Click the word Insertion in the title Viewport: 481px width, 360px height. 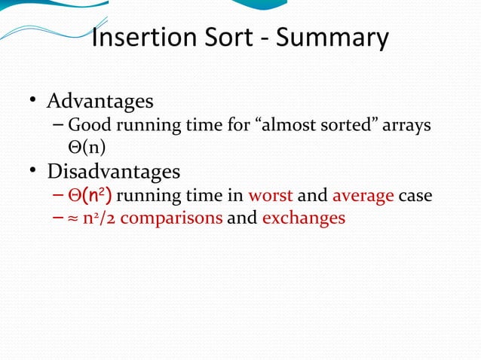click(x=141, y=37)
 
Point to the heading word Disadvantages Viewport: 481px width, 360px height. click(x=114, y=171)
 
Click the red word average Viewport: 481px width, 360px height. click(x=363, y=197)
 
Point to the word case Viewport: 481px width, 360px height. click(x=415, y=197)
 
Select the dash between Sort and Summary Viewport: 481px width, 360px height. click(x=265, y=38)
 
